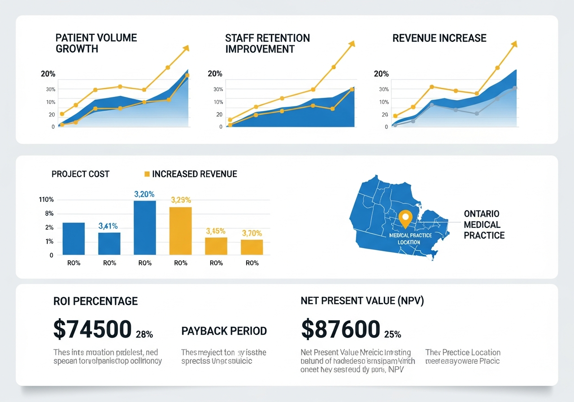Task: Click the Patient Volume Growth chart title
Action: (96, 43)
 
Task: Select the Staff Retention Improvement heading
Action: (267, 43)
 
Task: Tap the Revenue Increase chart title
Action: (439, 38)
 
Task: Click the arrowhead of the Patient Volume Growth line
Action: (186, 48)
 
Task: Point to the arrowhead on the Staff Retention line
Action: (352, 44)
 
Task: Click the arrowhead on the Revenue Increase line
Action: (515, 44)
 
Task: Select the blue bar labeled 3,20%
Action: (145, 227)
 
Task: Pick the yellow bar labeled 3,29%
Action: (181, 231)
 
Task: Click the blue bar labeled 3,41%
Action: (109, 243)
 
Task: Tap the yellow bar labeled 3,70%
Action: (252, 247)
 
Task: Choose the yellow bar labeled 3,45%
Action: (216, 246)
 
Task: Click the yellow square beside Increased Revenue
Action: (147, 174)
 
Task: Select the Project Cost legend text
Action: (80, 174)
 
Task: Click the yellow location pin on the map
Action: (405, 218)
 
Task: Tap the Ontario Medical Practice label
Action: (484, 224)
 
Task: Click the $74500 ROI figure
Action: (92, 329)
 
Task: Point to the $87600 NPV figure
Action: (340, 329)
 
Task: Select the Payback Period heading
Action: (224, 331)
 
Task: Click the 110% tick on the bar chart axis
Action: (46, 200)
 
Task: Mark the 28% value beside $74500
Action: (144, 334)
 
